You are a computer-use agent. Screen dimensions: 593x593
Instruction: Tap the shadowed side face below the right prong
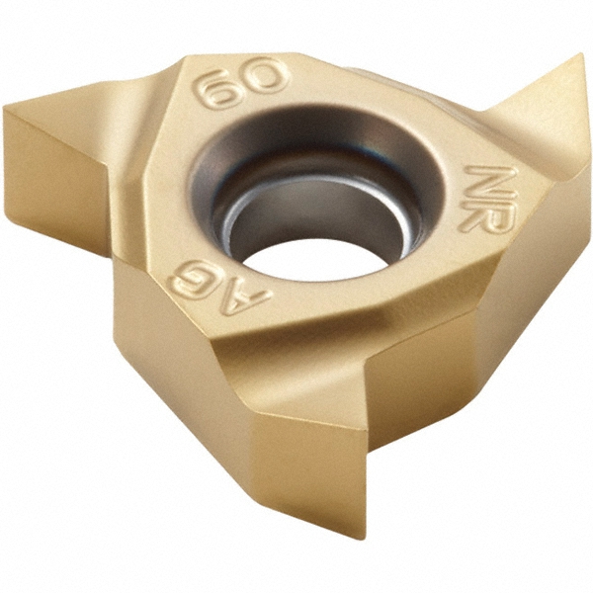point(524,296)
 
